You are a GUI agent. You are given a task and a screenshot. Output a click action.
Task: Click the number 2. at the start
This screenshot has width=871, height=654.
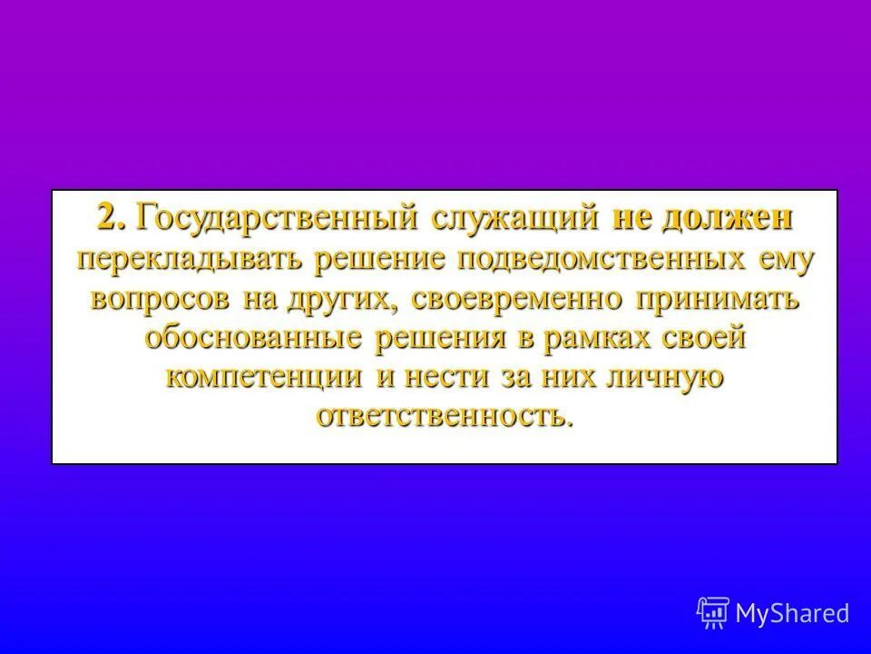(113, 219)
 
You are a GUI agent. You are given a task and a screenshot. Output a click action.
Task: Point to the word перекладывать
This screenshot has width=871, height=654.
(190, 260)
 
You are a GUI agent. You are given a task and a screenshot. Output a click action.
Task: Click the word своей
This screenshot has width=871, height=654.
(701, 338)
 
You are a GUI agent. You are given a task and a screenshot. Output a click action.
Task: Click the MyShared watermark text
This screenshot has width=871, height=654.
(793, 613)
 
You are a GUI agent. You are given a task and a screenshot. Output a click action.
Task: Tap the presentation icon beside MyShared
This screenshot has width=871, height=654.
(713, 613)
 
